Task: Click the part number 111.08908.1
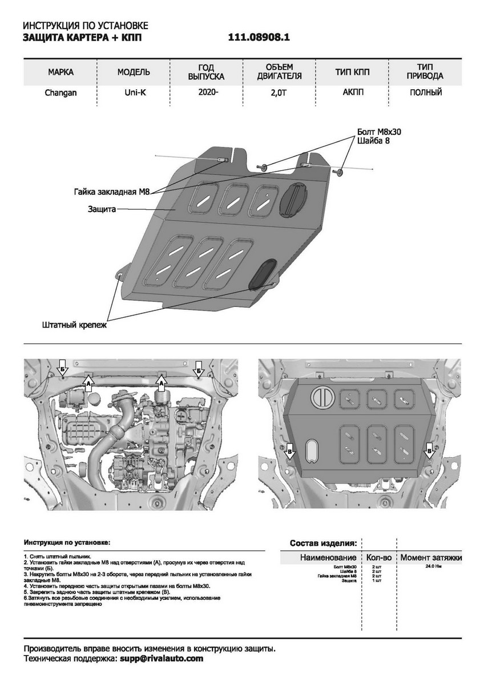[259, 38]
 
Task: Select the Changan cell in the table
[61, 92]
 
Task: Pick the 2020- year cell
[207, 92]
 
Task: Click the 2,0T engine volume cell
[280, 93]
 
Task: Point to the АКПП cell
[352, 92]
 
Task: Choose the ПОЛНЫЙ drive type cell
[425, 92]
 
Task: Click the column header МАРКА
[61, 72]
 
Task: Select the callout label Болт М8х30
[379, 131]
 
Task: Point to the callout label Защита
[102, 209]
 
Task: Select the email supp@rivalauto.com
[160, 659]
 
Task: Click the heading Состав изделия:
[324, 543]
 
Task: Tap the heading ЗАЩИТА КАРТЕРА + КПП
[82, 38]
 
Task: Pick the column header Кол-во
[378, 557]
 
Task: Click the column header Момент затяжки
[431, 557]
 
